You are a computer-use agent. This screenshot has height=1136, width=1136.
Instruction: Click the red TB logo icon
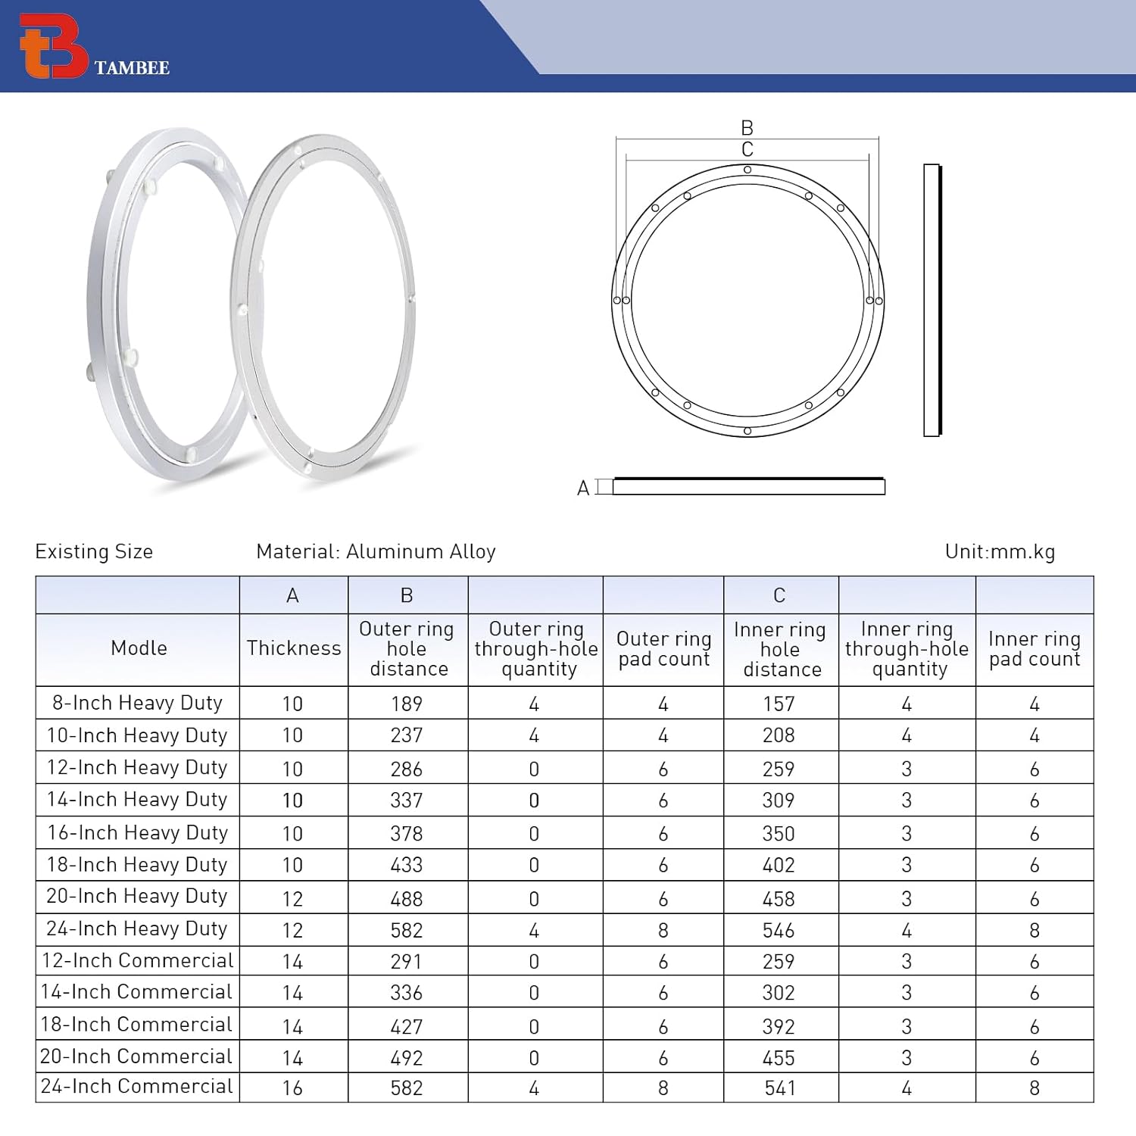coord(53,46)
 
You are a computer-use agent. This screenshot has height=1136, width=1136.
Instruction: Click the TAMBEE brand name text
coord(132,68)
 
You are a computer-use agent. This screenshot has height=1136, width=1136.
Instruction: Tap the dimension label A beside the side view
coord(582,488)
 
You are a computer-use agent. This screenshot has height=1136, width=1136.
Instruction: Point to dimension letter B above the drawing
coord(747,128)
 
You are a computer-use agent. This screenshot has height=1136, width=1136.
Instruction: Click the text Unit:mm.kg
coord(999,552)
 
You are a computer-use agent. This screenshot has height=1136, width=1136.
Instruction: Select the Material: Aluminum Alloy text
coord(376,552)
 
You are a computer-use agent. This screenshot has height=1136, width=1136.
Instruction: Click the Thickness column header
coord(293,648)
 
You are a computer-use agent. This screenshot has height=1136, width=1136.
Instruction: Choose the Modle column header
coord(139,648)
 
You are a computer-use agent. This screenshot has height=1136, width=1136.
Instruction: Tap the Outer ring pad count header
coord(663,648)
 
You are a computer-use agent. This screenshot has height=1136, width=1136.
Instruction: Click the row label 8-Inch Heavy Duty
coord(137,703)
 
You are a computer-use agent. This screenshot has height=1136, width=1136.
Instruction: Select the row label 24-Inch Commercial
coord(137,1087)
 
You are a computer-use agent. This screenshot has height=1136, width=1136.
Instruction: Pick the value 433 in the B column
coord(407,865)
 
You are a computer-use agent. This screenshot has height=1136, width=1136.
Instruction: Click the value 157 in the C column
coord(779,704)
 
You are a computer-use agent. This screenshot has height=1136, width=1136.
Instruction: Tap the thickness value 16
coord(292,1088)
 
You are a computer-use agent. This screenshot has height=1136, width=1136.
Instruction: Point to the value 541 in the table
coord(779,1088)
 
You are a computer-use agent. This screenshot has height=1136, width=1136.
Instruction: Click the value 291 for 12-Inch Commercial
coord(407,962)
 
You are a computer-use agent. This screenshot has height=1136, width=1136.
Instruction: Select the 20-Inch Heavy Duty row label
coord(137,897)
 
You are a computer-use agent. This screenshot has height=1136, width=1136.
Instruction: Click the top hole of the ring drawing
coord(747,170)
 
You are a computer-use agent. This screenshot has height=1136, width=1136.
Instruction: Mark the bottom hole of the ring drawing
coord(747,431)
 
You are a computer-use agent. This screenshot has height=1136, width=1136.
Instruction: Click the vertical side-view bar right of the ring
coord(932,300)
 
